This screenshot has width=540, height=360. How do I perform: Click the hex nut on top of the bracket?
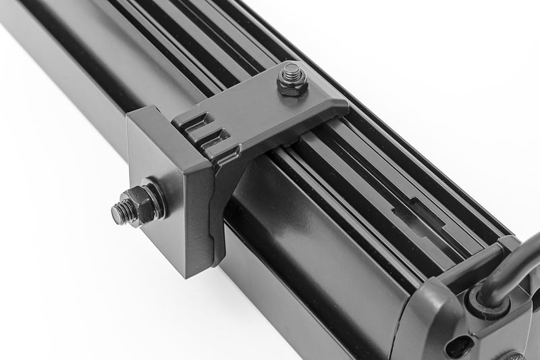292,82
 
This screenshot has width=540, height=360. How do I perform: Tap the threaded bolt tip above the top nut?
292,70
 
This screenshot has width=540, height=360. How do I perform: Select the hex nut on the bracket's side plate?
144,202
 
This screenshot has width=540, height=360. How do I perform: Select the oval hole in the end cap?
459,345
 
